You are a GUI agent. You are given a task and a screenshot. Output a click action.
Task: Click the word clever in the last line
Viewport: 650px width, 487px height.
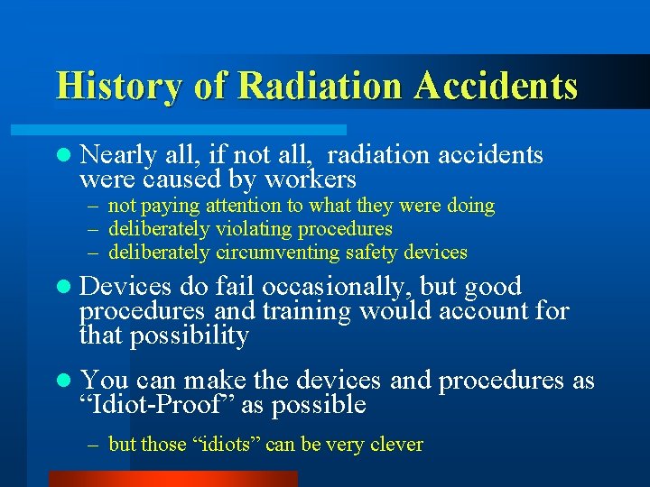coord(397,444)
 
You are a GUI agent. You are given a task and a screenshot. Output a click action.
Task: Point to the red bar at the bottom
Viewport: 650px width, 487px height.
coord(172,478)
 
